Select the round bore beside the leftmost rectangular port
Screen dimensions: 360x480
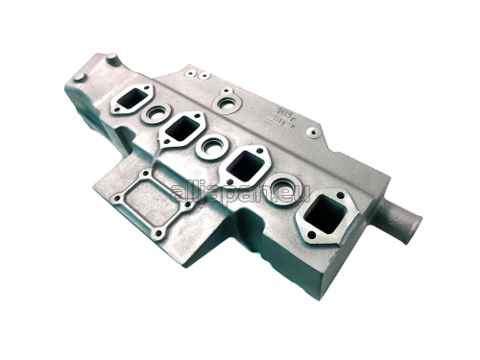point(156,114)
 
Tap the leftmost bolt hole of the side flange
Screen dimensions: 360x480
point(116,203)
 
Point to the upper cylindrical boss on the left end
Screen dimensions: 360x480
point(111,60)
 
